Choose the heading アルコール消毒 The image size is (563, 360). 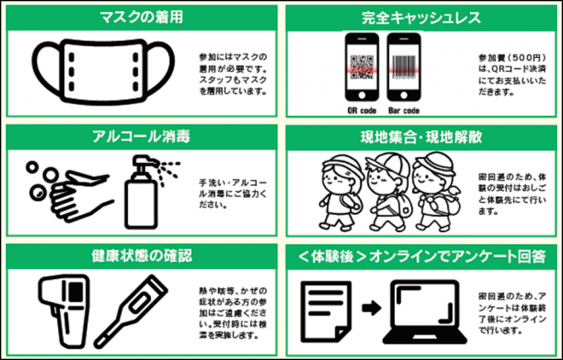coord(141,137)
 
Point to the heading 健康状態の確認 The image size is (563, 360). coord(141,255)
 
